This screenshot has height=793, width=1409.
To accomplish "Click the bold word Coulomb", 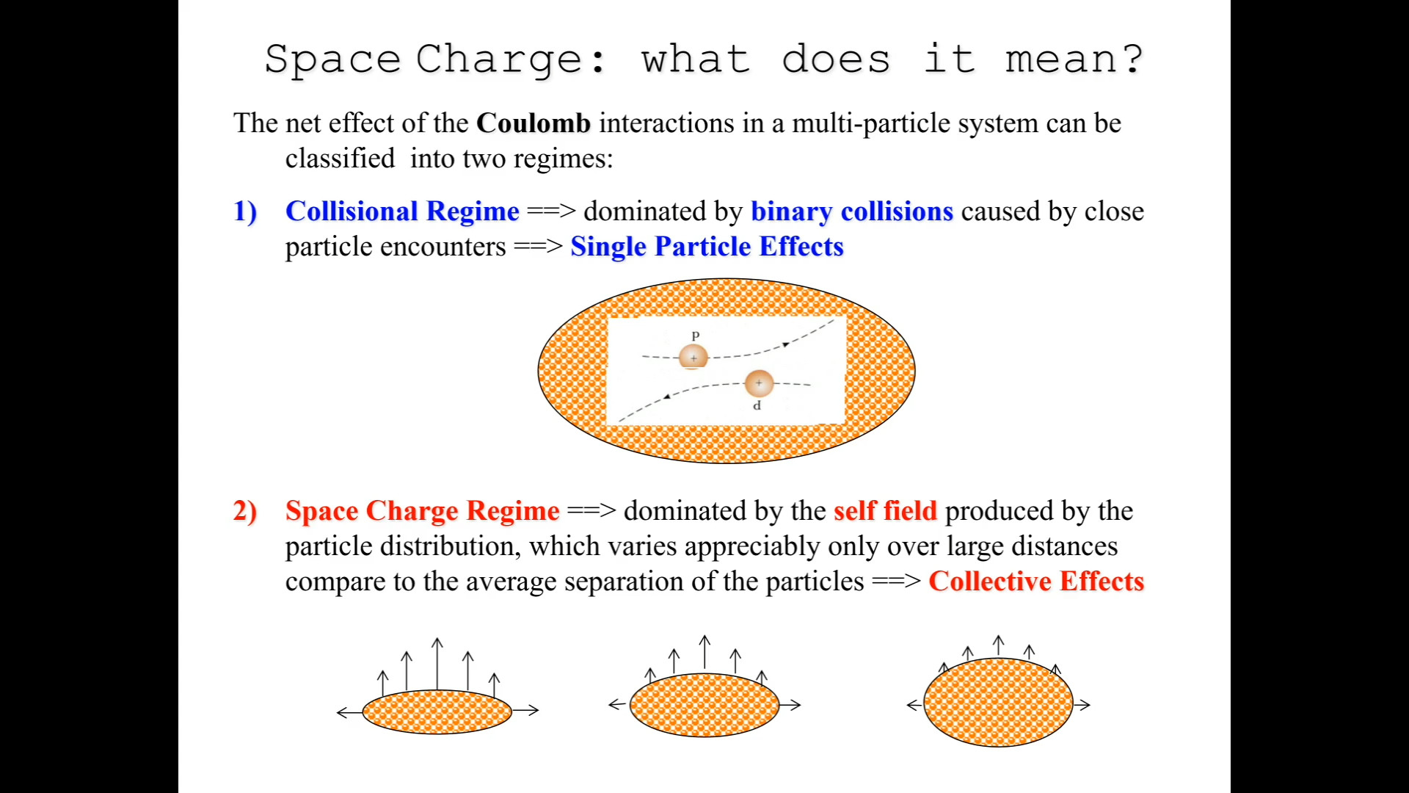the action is pos(534,123).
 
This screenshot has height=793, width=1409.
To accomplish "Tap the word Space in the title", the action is pos(332,59).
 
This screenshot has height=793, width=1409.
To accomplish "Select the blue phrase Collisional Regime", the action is pos(402,211).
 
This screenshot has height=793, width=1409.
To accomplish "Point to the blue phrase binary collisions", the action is pos(852,211).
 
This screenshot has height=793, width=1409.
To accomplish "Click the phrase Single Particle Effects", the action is pos(707,247).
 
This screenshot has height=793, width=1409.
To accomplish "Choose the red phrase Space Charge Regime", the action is pos(423,511).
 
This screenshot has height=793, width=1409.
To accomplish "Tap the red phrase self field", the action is pos(886,510).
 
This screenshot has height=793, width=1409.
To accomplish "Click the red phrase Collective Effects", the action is pos(1036,581).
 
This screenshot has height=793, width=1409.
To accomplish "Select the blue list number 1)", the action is pos(245,212).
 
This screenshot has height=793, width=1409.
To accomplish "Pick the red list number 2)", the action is pos(245,511).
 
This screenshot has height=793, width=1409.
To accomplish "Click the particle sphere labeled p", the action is pos(693,357).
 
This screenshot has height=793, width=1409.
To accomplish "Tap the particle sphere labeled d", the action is pos(759,383).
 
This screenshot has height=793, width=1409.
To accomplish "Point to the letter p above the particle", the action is pos(696,336).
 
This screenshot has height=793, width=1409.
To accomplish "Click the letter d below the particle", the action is pos(757,405).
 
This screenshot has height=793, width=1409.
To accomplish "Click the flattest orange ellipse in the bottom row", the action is pos(437,711).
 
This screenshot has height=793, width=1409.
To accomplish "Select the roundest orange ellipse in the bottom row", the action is pos(998,702).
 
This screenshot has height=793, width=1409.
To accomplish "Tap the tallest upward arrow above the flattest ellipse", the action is pos(437,664).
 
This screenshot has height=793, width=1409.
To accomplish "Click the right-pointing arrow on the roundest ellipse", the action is pos(1082,705).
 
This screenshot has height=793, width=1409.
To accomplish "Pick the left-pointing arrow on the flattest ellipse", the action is pos(349,711).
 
